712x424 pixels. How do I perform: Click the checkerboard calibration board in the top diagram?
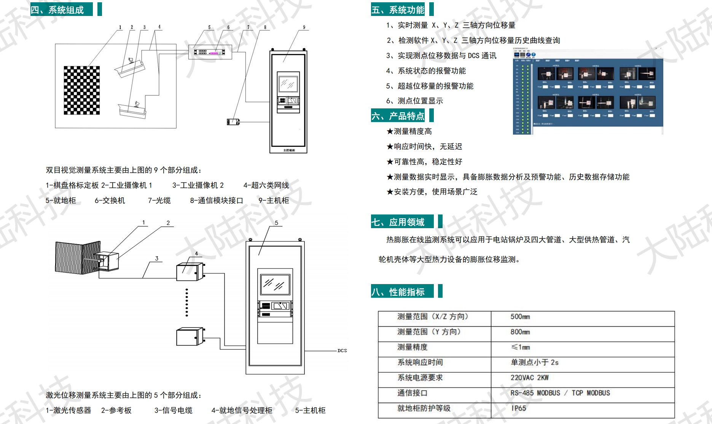pyautogui.click(x=82, y=90)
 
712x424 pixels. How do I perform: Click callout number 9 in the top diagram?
pyautogui.click(x=304, y=27)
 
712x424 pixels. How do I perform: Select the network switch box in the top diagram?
pyautogui.click(x=210, y=52)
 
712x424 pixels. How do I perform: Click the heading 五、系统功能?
pyautogui.click(x=398, y=10)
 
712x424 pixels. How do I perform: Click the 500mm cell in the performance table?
pyautogui.click(x=520, y=317)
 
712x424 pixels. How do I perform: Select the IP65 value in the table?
pyautogui.click(x=518, y=408)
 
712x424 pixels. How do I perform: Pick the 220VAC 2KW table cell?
pyautogui.click(x=529, y=378)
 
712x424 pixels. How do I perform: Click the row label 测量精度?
pyautogui.click(x=413, y=347)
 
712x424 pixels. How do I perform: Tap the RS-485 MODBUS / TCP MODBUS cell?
pyautogui.click(x=560, y=393)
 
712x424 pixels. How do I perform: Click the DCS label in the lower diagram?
pyautogui.click(x=342, y=351)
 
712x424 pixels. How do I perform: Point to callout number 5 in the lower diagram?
pyautogui.click(x=277, y=223)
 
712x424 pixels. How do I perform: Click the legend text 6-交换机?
pyautogui.click(x=110, y=200)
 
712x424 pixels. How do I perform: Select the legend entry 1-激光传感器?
pyautogui.click(x=68, y=410)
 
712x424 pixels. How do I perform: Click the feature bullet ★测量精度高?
pyautogui.click(x=409, y=131)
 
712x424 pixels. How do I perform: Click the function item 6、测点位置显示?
pyautogui.click(x=414, y=101)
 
